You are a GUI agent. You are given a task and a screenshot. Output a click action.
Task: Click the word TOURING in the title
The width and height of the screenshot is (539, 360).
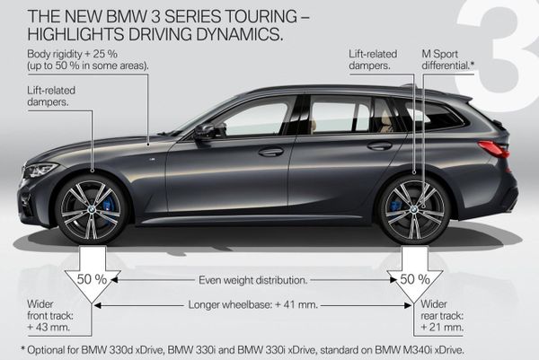[x=260, y=16]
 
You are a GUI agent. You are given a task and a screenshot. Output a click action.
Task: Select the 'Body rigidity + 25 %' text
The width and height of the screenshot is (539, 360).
[x=72, y=54]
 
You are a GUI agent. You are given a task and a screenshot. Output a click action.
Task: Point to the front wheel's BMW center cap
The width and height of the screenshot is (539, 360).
[x=91, y=208]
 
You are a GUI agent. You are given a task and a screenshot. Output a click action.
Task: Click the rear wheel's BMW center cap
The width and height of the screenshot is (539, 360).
[x=414, y=208]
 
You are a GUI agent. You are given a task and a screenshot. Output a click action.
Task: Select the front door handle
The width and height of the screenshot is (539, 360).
[x=271, y=152]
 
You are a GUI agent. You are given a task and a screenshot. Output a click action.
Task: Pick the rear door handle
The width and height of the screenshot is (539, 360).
[x=379, y=146]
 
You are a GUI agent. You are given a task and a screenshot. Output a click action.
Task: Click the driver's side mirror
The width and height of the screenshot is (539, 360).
[x=207, y=132]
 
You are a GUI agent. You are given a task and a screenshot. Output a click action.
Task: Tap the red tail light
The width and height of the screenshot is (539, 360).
[x=493, y=149]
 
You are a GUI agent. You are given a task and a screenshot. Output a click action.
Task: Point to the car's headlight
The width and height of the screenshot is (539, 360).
[x=40, y=170]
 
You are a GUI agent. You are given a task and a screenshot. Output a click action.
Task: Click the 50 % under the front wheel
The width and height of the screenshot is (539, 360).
[x=92, y=279]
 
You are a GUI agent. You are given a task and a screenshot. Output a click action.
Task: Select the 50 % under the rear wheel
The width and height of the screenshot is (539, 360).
[x=415, y=279]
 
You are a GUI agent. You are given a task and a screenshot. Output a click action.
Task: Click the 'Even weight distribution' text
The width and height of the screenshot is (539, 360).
[x=253, y=280]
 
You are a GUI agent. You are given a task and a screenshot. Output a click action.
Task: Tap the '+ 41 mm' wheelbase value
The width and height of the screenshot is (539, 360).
[x=296, y=304]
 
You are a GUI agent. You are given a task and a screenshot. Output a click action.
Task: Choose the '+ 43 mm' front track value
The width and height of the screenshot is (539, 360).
[x=49, y=327]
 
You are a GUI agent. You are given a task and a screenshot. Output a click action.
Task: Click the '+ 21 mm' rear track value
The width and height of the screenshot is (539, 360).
[x=442, y=327]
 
